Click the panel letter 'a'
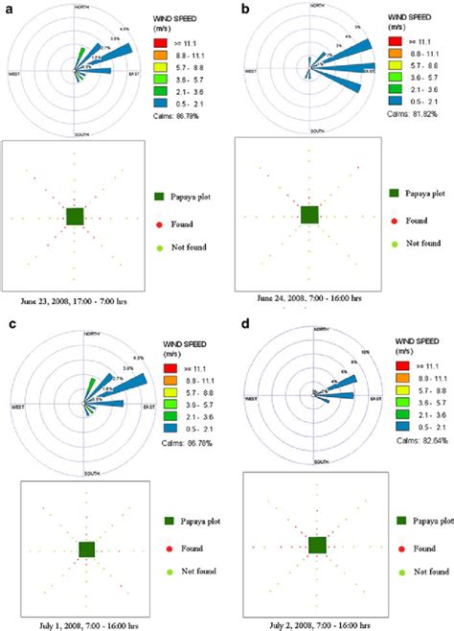click(x=7, y=9)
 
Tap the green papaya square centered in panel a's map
click(x=76, y=217)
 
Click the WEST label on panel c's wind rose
click(x=18, y=407)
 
